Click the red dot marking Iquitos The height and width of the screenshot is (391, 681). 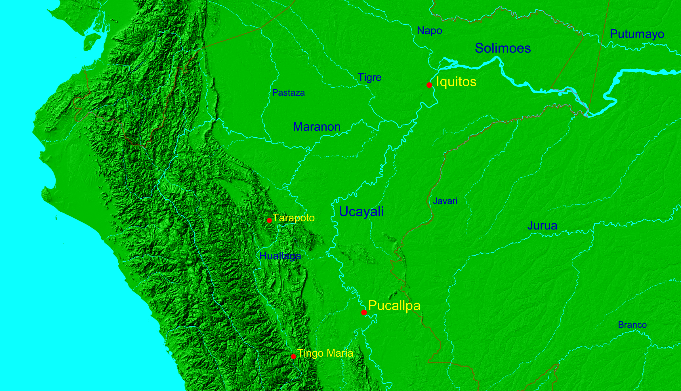[429, 85]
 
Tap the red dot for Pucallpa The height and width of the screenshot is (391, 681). [364, 312]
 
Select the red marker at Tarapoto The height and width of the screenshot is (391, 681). [269, 220]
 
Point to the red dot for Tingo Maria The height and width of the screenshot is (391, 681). [293, 356]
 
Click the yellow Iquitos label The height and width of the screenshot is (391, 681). [456, 82]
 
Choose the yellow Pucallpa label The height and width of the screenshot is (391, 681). [394, 306]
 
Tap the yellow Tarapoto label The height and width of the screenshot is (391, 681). [294, 218]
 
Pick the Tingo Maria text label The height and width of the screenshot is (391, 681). [325, 353]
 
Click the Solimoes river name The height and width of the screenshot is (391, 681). [503, 48]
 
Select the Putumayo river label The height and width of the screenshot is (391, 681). [637, 34]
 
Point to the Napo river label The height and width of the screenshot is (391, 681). [430, 31]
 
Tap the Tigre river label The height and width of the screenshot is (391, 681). [369, 77]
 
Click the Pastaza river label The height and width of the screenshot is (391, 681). [288, 93]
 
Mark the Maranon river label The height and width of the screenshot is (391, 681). [317, 127]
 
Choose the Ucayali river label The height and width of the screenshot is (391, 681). [361, 212]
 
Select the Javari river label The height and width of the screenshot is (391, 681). [445, 201]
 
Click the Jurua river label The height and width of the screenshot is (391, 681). [542, 226]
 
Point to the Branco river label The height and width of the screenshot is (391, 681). [632, 325]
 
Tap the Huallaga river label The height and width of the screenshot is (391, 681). [280, 256]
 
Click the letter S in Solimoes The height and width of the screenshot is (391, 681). [479, 48]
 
